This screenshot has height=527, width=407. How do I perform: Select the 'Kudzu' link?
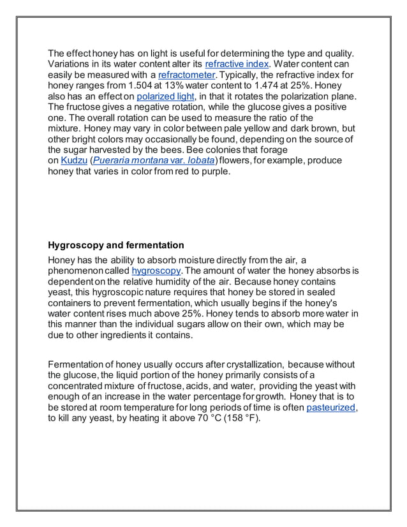(x=73, y=161)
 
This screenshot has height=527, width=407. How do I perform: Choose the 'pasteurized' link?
(x=330, y=408)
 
